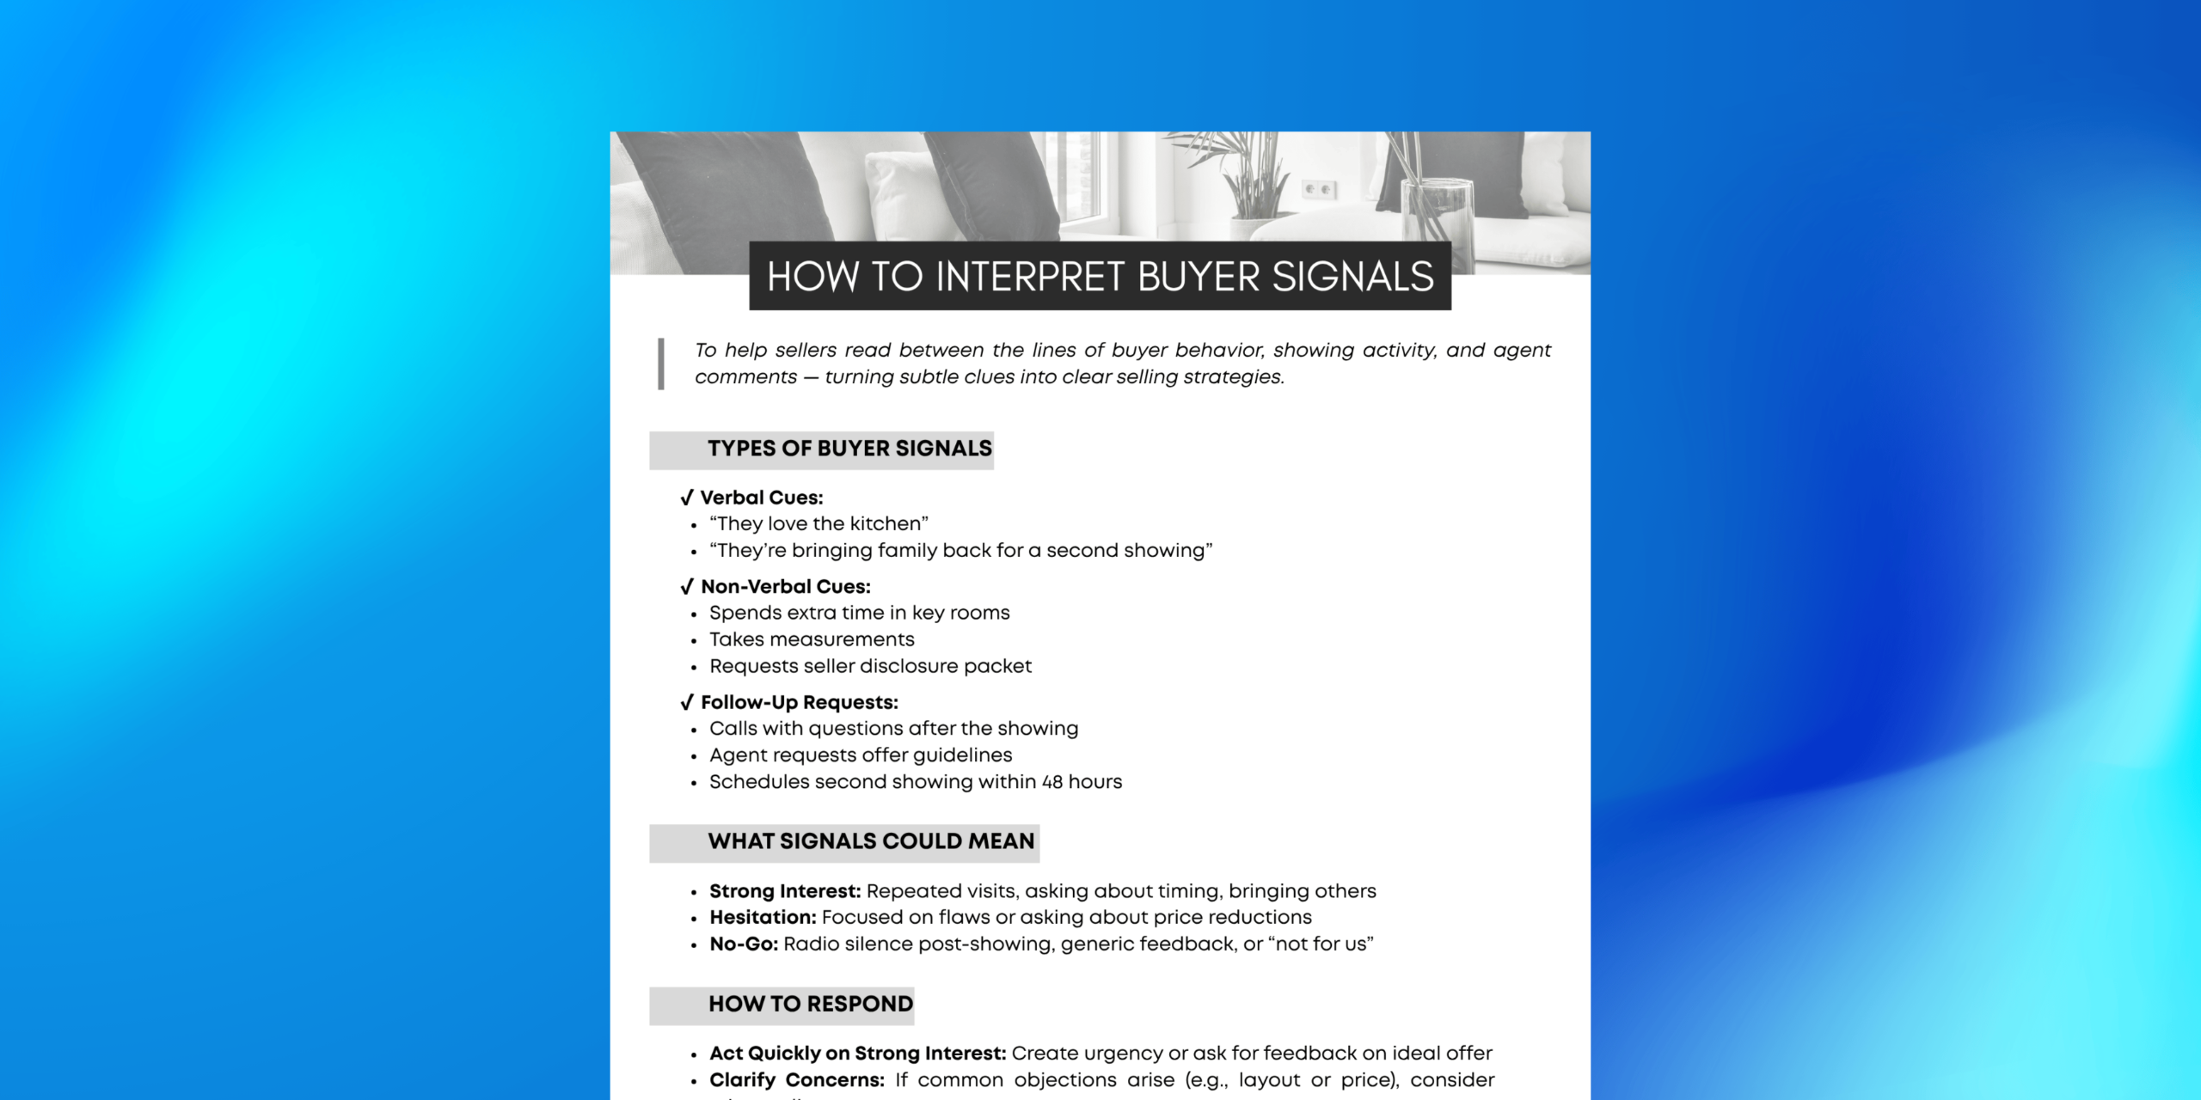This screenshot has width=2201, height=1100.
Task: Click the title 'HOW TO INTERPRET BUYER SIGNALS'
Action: pyautogui.click(x=1100, y=277)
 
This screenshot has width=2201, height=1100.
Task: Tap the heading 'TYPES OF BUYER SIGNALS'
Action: pyautogui.click(x=849, y=449)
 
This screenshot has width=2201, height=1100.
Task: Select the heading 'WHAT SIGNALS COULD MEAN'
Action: pyautogui.click(x=871, y=841)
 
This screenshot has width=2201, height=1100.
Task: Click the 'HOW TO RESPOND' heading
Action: pyautogui.click(x=810, y=1004)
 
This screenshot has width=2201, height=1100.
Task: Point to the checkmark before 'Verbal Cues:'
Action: pyautogui.click(x=686, y=498)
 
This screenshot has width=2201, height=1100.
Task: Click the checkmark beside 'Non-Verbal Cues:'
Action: pyautogui.click(x=686, y=587)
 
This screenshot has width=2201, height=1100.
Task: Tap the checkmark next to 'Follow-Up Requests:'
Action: pyautogui.click(x=686, y=703)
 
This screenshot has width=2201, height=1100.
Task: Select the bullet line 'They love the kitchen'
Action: pyautogui.click(x=818, y=524)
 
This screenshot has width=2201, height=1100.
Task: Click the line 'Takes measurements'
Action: pyautogui.click(x=812, y=639)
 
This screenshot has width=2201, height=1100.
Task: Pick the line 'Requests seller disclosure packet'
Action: pyautogui.click(x=870, y=666)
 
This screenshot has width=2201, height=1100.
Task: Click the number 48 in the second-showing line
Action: pyautogui.click(x=1051, y=782)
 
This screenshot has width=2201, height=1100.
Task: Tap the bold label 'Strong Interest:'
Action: pyautogui.click(x=784, y=891)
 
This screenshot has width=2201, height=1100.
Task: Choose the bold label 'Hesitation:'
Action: pyautogui.click(x=763, y=918)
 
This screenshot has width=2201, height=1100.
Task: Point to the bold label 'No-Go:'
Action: pyautogui.click(x=744, y=944)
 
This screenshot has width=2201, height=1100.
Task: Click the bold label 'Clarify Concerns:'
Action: pyautogui.click(x=796, y=1080)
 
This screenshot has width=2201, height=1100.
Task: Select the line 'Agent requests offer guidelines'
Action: pyautogui.click(x=861, y=755)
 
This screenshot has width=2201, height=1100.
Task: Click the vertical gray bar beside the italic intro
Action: pyautogui.click(x=661, y=364)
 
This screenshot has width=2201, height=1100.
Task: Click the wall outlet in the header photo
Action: pyautogui.click(x=1318, y=189)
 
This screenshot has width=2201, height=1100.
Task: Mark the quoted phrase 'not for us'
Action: pyautogui.click(x=1321, y=944)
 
